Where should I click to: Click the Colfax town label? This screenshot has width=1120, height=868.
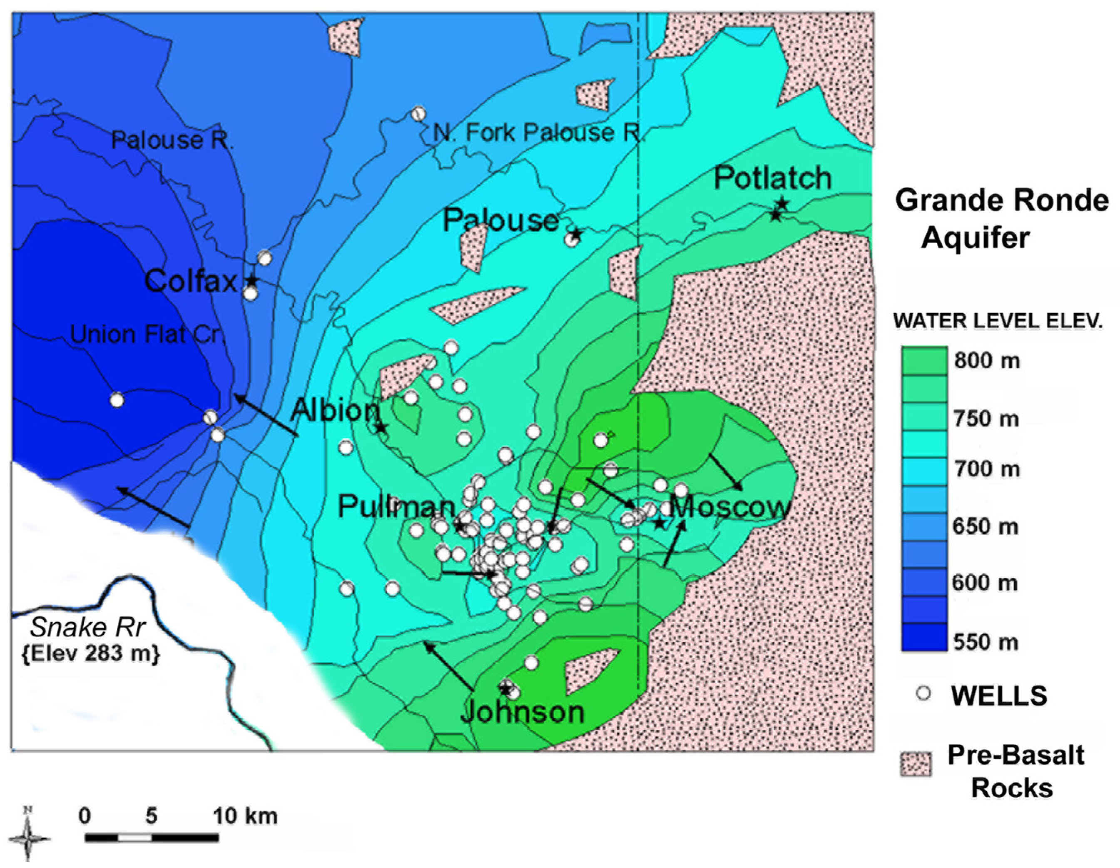pos(191,282)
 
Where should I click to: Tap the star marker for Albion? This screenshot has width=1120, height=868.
pos(381,428)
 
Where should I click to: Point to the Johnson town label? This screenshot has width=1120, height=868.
pos(522,712)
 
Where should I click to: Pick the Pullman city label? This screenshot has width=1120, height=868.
pos(396,507)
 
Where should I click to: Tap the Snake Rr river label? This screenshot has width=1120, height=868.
pos(88,627)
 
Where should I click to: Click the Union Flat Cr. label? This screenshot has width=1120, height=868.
pos(147,334)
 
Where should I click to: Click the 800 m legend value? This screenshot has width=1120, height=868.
pos(987,361)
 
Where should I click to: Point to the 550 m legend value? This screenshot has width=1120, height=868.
pos(985,642)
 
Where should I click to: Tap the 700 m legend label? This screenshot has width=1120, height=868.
pos(986,469)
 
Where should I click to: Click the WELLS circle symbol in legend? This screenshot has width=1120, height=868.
pos(923,693)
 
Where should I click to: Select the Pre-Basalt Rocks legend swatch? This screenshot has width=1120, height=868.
pos(916,764)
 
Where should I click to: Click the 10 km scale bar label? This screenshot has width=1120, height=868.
pos(246,816)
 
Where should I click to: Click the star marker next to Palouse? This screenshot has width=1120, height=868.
pos(575,234)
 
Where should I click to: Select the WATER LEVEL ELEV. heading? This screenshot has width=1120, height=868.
pos(998,321)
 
